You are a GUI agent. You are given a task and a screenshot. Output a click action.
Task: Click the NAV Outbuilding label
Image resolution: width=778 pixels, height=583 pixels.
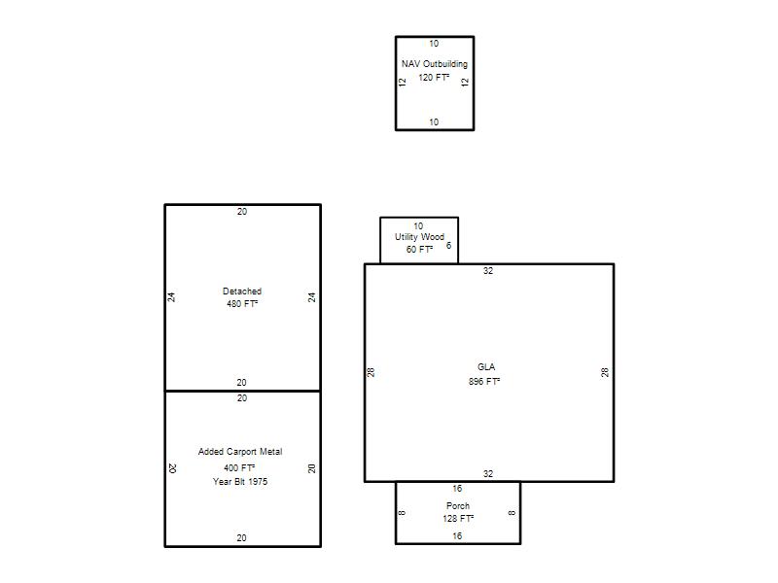tap(434, 64)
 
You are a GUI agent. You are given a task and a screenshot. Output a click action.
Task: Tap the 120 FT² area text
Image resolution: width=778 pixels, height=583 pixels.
tap(434, 78)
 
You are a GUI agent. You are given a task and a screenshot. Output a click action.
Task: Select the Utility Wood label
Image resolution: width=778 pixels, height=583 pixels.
tap(419, 237)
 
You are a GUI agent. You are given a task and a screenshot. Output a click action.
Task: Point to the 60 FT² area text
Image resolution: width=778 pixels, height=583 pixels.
tap(419, 250)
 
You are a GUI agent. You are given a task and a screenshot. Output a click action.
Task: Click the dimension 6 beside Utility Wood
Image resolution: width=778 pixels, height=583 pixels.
tap(448, 246)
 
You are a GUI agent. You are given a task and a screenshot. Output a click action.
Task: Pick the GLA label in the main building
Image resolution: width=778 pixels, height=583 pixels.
tap(486, 367)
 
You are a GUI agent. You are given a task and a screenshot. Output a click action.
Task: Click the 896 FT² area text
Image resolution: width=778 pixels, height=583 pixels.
tap(484, 381)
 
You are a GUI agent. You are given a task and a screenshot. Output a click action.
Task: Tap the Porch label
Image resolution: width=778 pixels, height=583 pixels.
tap(457, 506)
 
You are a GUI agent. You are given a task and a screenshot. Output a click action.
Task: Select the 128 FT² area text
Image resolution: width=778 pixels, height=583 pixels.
tap(458, 519)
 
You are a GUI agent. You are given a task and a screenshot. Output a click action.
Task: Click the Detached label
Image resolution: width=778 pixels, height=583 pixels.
tap(242, 291)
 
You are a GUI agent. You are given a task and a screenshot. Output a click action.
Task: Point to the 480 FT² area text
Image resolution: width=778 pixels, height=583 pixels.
tap(242, 304)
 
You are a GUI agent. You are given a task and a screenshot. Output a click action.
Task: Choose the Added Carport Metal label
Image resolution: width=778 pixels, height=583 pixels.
tap(240, 452)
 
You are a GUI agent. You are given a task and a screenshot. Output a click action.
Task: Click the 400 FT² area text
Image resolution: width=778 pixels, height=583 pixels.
tap(239, 468)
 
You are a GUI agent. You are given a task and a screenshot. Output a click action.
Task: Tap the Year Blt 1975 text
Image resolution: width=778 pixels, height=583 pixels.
tap(240, 481)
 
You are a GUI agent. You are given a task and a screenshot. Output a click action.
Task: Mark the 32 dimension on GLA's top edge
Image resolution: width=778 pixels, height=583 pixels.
tap(488, 271)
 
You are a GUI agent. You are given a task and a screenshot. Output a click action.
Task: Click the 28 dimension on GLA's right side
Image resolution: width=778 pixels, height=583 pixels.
tap(605, 372)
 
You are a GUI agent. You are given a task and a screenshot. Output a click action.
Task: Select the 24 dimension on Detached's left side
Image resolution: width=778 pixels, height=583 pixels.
tap(171, 297)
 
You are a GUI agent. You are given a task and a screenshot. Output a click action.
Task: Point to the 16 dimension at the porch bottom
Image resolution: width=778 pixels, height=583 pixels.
tap(457, 536)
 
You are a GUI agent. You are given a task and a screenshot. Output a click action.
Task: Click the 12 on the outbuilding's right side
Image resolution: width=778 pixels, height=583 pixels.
tap(465, 82)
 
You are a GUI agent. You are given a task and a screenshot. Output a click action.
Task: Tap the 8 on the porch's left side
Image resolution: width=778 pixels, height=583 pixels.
tap(402, 513)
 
